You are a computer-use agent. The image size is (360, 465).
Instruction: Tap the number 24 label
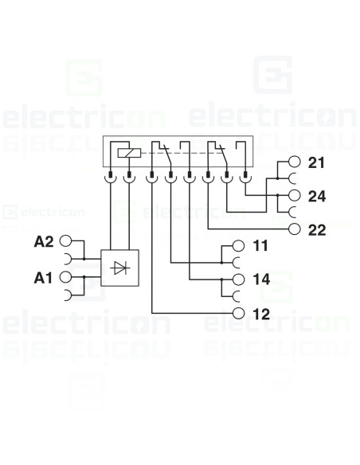point(316,196)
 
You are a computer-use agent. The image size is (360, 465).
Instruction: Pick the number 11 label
point(260,247)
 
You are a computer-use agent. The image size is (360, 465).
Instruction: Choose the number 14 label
point(261,279)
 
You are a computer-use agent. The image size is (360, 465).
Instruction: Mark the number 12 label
point(261,314)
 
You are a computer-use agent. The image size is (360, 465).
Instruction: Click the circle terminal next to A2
point(66,241)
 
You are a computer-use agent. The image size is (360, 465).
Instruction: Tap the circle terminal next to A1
point(66,275)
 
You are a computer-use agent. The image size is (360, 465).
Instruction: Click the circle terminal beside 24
point(295,196)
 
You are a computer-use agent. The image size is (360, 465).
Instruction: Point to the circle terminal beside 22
point(295,229)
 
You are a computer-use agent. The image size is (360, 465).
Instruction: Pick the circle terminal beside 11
point(239,247)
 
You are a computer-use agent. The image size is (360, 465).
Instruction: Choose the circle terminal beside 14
point(239,279)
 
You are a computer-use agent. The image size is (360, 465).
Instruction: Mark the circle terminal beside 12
point(239,314)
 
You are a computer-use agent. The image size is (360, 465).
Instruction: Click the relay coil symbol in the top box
point(124,151)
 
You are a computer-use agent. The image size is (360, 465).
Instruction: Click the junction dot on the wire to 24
point(276,196)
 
